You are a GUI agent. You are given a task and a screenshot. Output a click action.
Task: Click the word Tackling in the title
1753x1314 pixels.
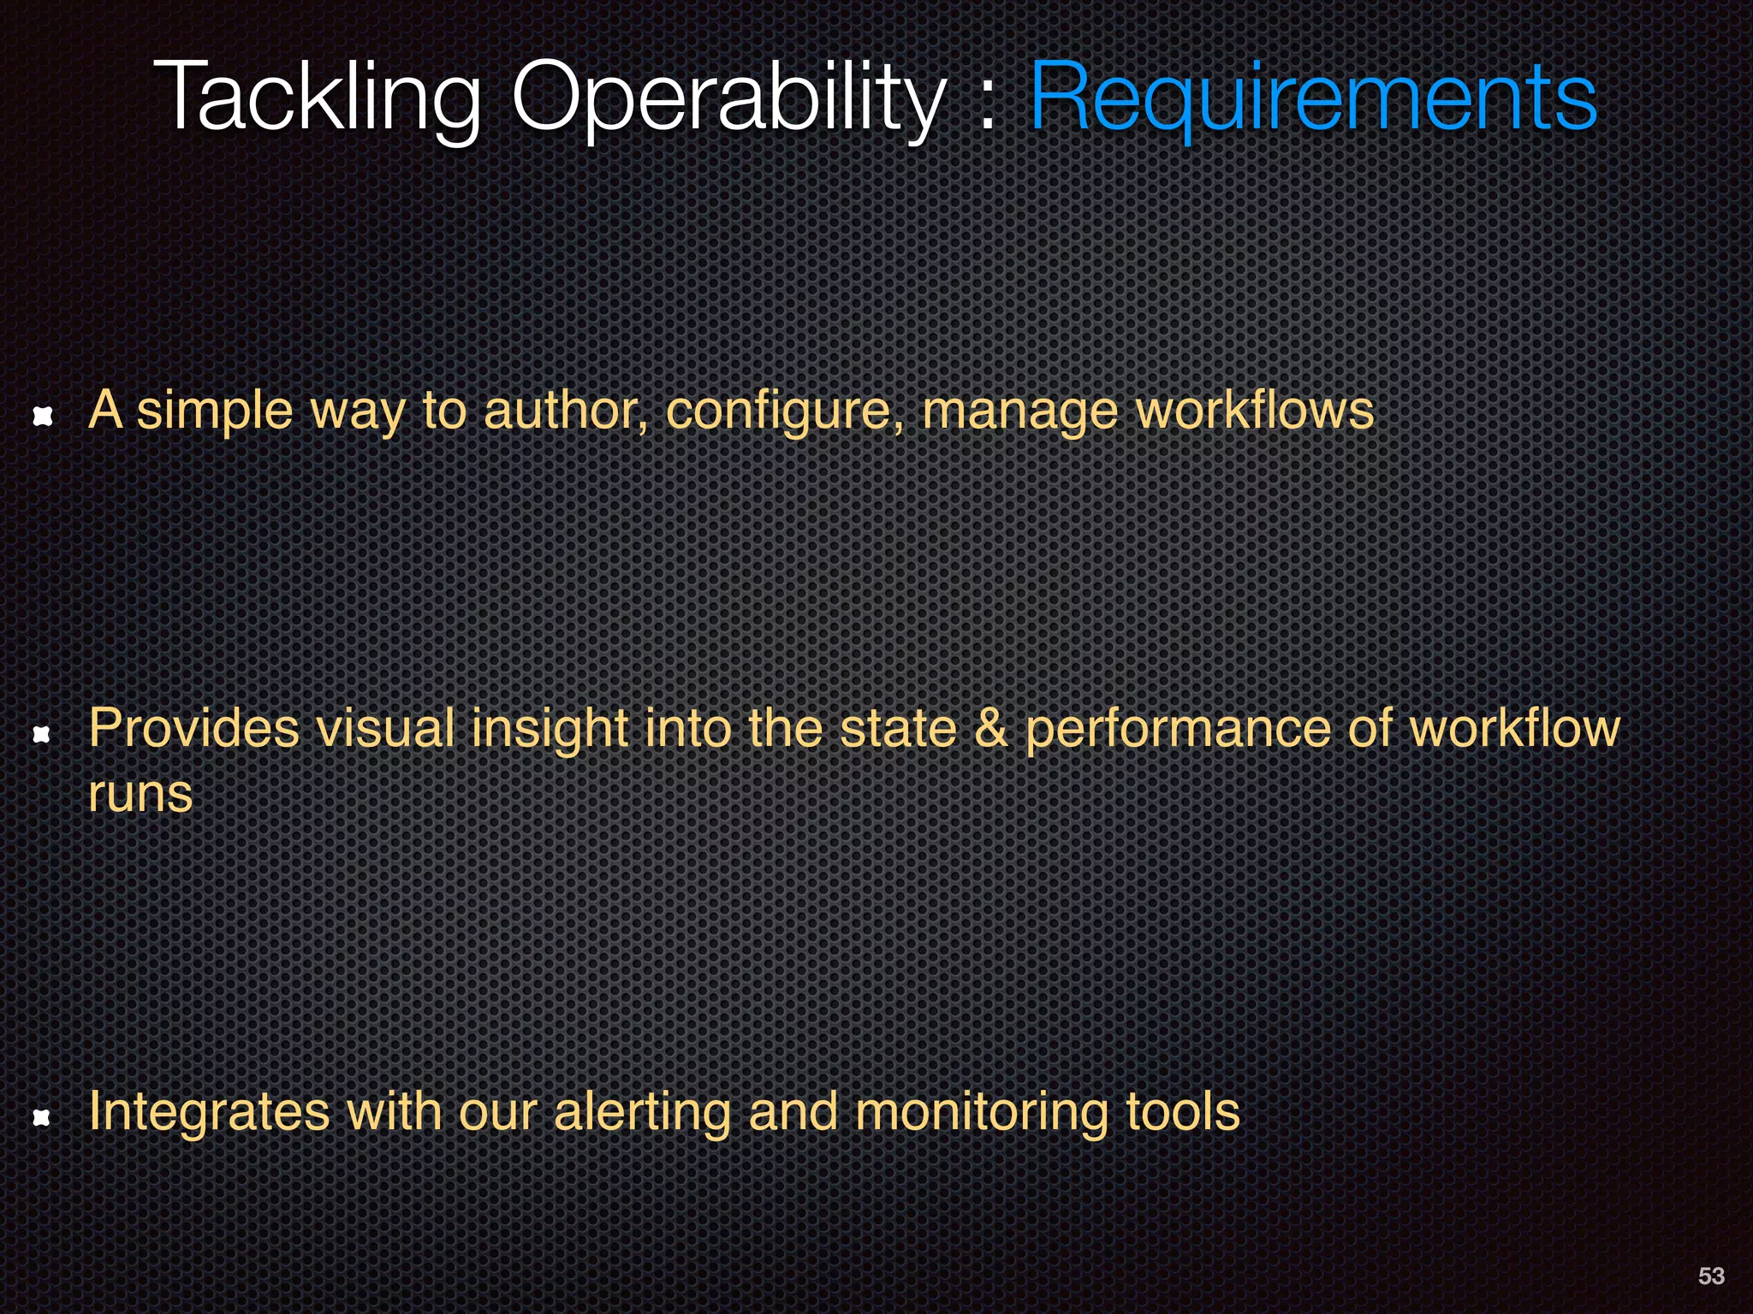coord(316,98)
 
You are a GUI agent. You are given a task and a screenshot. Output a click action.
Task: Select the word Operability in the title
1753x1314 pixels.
coord(728,98)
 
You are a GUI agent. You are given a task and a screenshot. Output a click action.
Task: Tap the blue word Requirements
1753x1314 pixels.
coord(1313,98)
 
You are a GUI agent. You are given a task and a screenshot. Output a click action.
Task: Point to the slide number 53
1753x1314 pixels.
coord(1711,1276)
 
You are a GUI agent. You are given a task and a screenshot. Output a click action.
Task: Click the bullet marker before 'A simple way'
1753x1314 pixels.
coord(43,416)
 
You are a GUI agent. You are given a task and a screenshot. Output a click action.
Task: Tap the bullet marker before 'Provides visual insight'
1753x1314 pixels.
coord(41,734)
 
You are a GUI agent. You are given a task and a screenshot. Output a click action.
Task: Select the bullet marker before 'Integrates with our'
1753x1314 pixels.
coord(41,1117)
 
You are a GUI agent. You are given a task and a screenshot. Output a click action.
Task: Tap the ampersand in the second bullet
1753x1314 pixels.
coord(991,729)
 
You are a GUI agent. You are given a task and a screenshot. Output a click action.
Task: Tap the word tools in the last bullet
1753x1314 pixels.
coord(1182,1112)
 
